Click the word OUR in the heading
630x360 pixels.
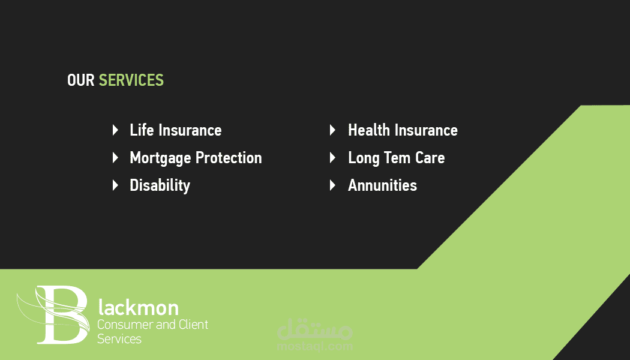[x=80, y=80]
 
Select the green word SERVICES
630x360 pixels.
[x=131, y=80]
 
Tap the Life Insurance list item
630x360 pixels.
[x=176, y=130]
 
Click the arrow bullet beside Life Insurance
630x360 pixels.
[x=115, y=130]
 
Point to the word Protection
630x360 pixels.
[x=229, y=158]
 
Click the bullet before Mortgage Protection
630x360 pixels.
[x=115, y=157]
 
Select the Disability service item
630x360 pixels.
[x=160, y=185]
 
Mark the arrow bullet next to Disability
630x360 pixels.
[x=115, y=185]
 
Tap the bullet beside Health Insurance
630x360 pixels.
[x=332, y=130]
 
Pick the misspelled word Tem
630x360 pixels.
[x=397, y=158]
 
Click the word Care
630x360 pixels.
[x=430, y=158]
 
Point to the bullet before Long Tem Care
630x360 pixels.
[x=332, y=157]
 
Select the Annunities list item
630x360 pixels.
[x=383, y=185]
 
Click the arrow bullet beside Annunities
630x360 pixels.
[x=332, y=185]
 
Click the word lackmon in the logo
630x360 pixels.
[x=139, y=308]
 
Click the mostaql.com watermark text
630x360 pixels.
[x=315, y=346]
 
